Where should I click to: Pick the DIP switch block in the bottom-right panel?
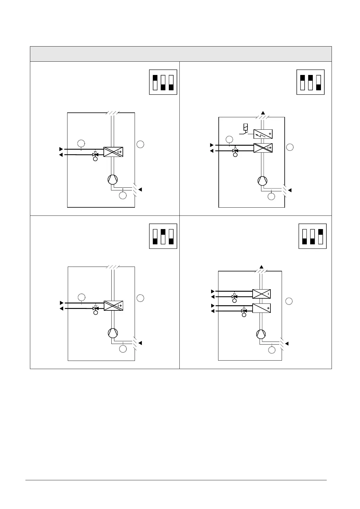(313, 237)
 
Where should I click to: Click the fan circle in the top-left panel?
(113, 180)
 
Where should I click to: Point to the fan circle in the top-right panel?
(262, 181)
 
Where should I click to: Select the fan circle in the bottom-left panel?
(113, 333)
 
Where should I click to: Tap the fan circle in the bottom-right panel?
(260, 334)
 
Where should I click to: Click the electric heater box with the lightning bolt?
(263, 134)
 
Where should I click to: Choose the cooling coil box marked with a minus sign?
(261, 294)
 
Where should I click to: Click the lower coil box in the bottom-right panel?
(261, 308)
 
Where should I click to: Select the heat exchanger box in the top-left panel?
(113, 152)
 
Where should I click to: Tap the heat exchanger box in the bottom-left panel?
(113, 306)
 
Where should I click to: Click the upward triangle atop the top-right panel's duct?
(263, 113)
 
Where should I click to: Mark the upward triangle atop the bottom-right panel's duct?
(262, 267)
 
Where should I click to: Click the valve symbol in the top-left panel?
(95, 154)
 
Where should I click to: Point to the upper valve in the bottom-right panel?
(234, 297)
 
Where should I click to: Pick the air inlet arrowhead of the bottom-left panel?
(140, 343)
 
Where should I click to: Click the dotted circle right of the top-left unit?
(140, 144)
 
